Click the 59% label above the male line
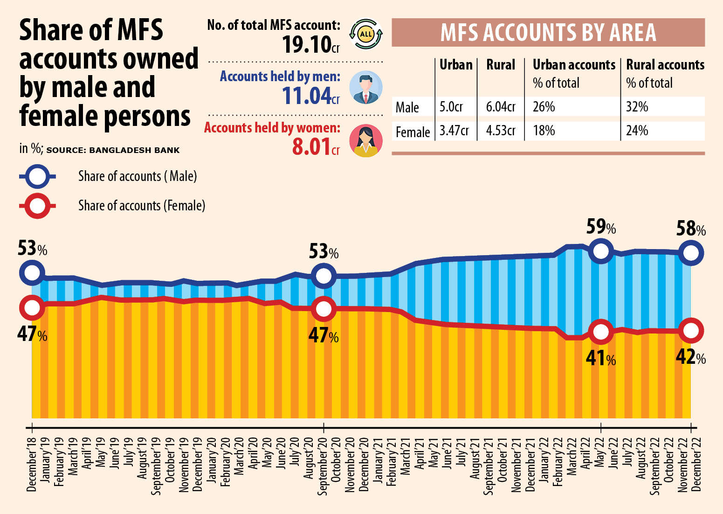click(x=600, y=227)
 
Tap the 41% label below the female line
click(x=600, y=358)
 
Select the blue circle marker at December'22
click(x=690, y=253)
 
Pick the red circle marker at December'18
click(x=32, y=307)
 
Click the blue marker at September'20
click(x=323, y=275)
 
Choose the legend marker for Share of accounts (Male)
click(x=37, y=176)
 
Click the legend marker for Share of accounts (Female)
click(x=37, y=206)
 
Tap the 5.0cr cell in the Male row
click(x=451, y=107)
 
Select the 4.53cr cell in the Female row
click(x=500, y=131)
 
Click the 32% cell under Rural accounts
click(x=637, y=107)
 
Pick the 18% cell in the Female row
click(x=544, y=131)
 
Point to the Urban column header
click(x=455, y=65)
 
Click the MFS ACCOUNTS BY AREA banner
click(x=548, y=33)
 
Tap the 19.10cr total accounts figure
click(x=310, y=45)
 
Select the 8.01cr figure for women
click(x=315, y=147)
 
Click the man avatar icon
click(x=366, y=87)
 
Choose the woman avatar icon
click(x=366, y=140)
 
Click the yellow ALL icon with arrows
click(x=366, y=34)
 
